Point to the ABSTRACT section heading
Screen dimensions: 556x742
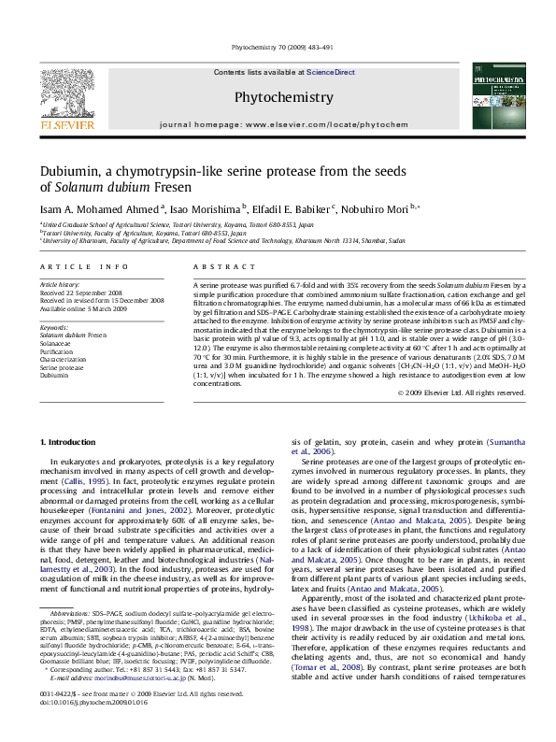point(219,267)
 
